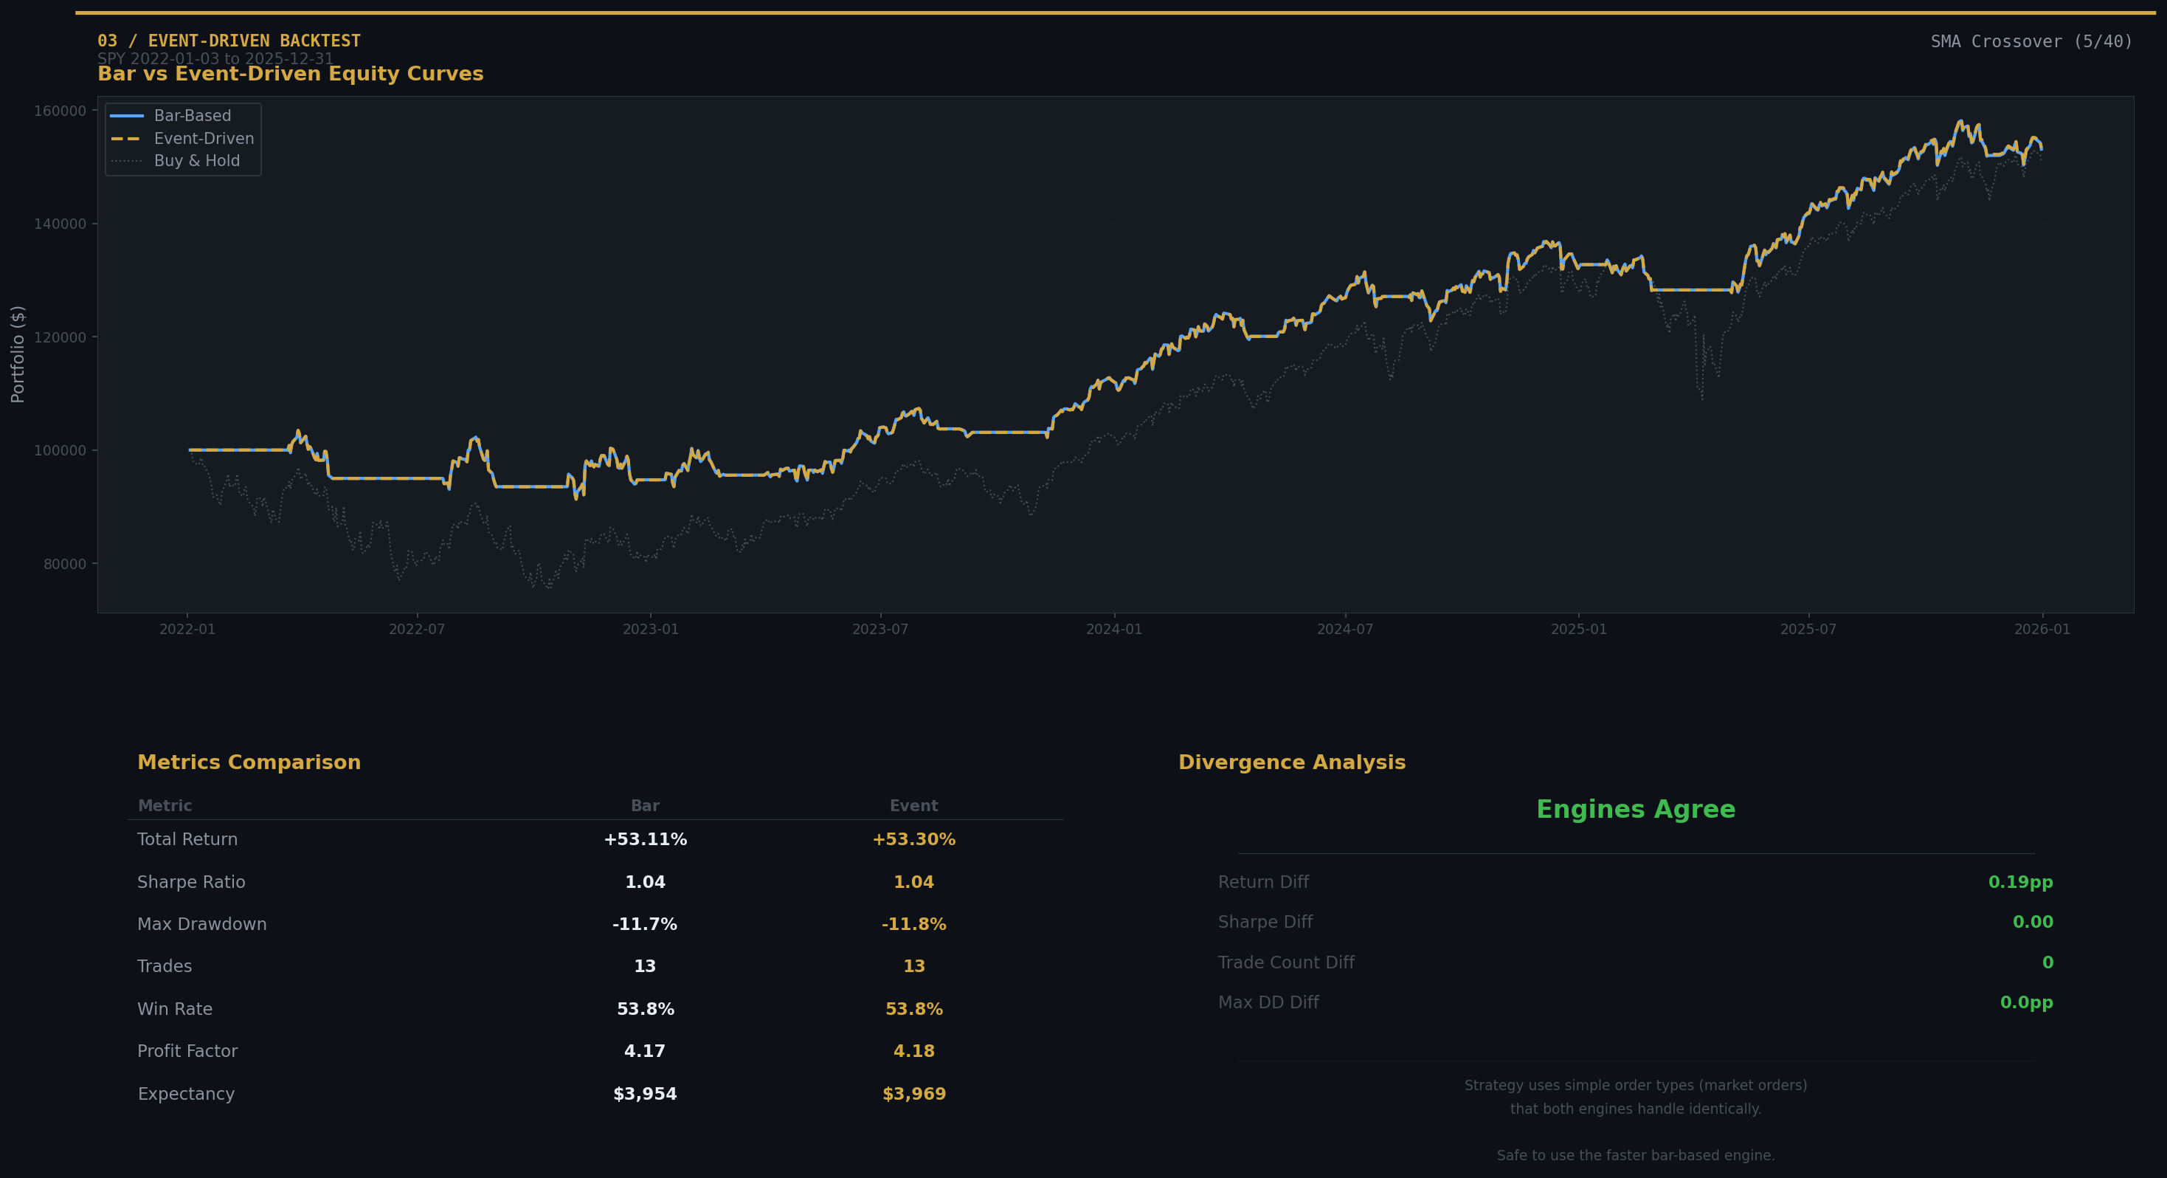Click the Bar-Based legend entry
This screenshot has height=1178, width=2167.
pyautogui.click(x=192, y=116)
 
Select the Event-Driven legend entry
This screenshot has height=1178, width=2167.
pyautogui.click(x=203, y=139)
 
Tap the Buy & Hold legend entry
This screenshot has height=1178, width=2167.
pyautogui.click(x=196, y=161)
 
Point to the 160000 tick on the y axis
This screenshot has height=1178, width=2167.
pyautogui.click(x=60, y=111)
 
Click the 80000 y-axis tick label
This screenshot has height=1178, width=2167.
pyautogui.click(x=65, y=565)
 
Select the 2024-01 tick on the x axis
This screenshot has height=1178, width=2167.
pyautogui.click(x=1114, y=630)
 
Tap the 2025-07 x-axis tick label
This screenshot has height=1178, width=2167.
pyautogui.click(x=1808, y=630)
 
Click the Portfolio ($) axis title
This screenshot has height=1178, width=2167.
pyautogui.click(x=18, y=354)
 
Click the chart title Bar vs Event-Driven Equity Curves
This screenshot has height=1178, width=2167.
pyautogui.click(x=290, y=74)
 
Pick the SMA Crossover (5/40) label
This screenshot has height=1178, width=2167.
pyautogui.click(x=2031, y=42)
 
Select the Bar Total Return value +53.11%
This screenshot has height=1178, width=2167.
pyautogui.click(x=645, y=840)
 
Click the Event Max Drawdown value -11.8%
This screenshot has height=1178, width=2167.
pyautogui.click(x=913, y=925)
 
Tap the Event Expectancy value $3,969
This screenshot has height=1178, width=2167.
pyautogui.click(x=913, y=1095)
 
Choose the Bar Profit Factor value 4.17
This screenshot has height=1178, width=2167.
pyautogui.click(x=645, y=1052)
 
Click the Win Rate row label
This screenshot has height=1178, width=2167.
pyautogui.click(x=175, y=1010)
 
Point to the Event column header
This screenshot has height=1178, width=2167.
pyautogui.click(x=913, y=806)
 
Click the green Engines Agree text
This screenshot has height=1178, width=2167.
pyautogui.click(x=1635, y=810)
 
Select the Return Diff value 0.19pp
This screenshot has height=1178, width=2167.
pyautogui.click(x=2019, y=883)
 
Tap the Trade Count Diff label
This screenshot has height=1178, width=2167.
pyautogui.click(x=1286, y=962)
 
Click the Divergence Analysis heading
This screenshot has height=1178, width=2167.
pyautogui.click(x=1291, y=763)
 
